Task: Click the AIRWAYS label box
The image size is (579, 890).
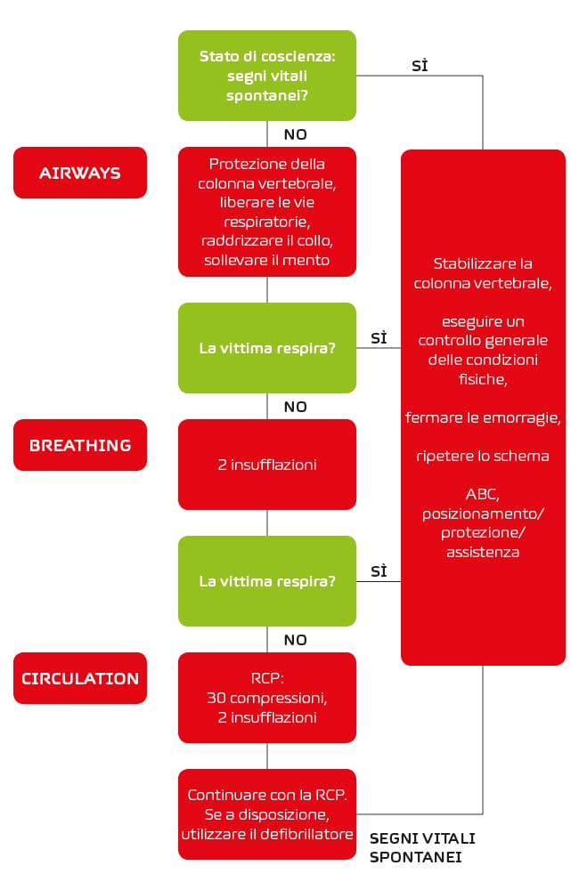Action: click(80, 173)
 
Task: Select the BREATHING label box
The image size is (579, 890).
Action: click(80, 445)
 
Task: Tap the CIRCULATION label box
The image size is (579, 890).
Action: click(80, 678)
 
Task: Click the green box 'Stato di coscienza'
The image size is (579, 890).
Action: click(267, 76)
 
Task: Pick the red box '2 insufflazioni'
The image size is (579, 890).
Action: click(267, 465)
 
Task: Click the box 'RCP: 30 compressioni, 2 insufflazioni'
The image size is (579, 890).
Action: click(267, 698)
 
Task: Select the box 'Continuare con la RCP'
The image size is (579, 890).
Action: click(267, 814)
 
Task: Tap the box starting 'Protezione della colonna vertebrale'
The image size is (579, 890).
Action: click(267, 212)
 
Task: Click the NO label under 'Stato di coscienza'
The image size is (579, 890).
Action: click(296, 134)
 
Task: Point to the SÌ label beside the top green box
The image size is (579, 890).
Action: click(420, 65)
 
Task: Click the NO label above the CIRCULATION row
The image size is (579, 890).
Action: click(296, 640)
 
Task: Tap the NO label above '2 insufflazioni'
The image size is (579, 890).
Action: click(296, 407)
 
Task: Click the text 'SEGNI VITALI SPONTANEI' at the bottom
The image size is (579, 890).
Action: click(422, 847)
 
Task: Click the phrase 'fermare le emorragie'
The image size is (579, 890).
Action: click(483, 417)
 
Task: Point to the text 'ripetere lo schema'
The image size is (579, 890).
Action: click(483, 456)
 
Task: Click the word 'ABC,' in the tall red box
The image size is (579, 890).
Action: click(483, 494)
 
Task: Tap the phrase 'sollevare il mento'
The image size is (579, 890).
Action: click(267, 260)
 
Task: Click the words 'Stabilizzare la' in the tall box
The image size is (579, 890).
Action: click(483, 263)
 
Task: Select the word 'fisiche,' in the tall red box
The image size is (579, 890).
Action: click(483, 379)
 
